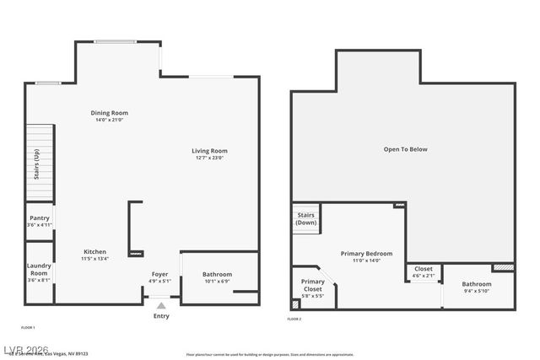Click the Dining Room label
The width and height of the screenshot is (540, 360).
coord(109,113)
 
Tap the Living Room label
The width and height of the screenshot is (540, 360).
coord(209,151)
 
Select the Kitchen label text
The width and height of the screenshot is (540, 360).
coord(94,252)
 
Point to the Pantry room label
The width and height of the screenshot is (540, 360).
coord(39,218)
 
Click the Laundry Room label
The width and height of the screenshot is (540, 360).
coord(39,270)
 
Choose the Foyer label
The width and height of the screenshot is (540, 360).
coord(159,274)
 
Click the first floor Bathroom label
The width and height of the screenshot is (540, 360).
coord(217,274)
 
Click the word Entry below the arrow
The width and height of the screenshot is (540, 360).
coord(161,316)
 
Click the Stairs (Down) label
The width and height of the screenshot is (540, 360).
coord(306,218)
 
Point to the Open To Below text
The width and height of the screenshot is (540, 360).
coord(405,149)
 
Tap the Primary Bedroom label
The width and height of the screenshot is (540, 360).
coord(366,253)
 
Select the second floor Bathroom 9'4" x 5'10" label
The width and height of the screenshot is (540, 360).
coord(477,283)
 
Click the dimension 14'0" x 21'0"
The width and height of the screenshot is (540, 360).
coord(109,120)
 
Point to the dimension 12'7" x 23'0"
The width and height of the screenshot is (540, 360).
coord(209,158)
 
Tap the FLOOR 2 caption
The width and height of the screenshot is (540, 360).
coord(294,320)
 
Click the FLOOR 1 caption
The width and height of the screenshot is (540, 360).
coord(28,326)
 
